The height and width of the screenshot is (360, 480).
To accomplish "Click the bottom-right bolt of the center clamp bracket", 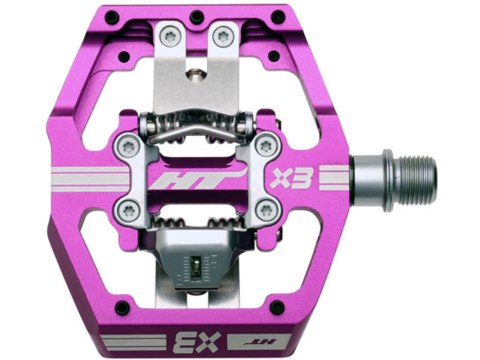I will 267,210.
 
